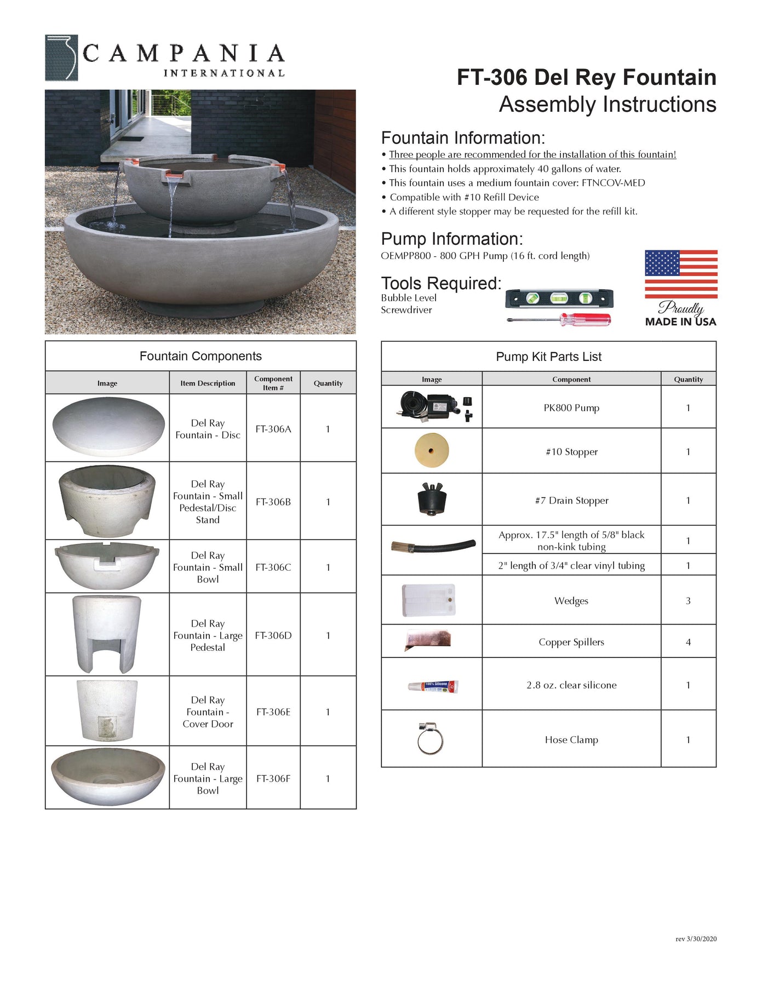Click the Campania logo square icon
click(61, 58)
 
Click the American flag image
click(680, 274)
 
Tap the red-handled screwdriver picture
click(559, 319)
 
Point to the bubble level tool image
click(559, 299)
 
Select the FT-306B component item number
click(273, 502)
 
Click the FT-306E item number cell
click(273, 712)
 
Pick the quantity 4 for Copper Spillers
click(688, 642)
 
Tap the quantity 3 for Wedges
click(688, 601)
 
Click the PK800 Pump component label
click(571, 408)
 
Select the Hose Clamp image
click(431, 739)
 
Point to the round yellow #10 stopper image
click(432, 451)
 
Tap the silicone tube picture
click(433, 686)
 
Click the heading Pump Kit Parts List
click(548, 357)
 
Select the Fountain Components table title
click(200, 357)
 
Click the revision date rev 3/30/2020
click(696, 939)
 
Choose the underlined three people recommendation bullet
click(532, 155)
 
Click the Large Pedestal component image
click(107, 634)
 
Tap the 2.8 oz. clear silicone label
click(571, 685)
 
